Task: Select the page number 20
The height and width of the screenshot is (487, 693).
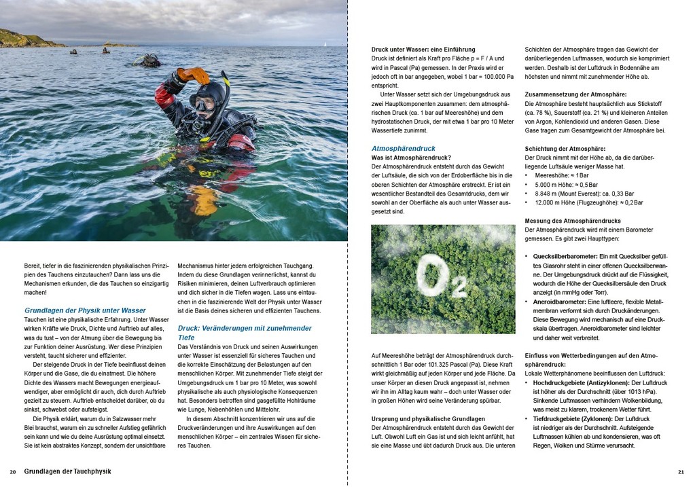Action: point(13,471)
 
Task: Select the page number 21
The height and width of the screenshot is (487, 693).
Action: point(681,471)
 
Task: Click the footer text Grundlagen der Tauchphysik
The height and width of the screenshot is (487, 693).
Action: point(67,471)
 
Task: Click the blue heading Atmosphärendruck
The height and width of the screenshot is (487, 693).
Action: point(404,148)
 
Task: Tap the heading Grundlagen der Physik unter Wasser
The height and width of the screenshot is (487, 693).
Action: point(85,310)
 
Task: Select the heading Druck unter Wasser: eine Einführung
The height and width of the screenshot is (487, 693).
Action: point(423,50)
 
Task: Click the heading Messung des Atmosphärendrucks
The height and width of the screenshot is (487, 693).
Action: point(573,221)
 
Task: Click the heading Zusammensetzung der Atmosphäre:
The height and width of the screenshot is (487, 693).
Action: point(575,94)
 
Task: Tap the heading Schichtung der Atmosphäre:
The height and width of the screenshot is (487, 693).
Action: point(565,149)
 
